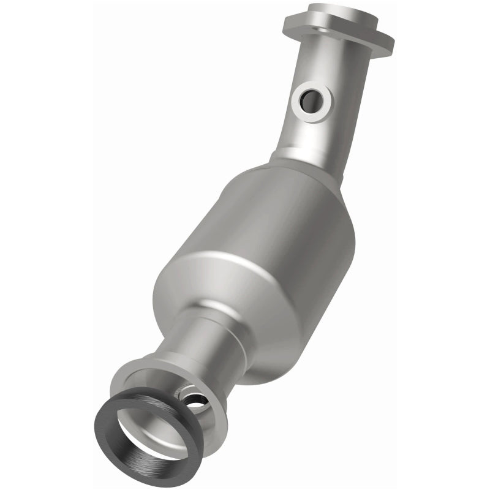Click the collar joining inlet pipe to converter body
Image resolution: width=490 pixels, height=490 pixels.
coord(300,164)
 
